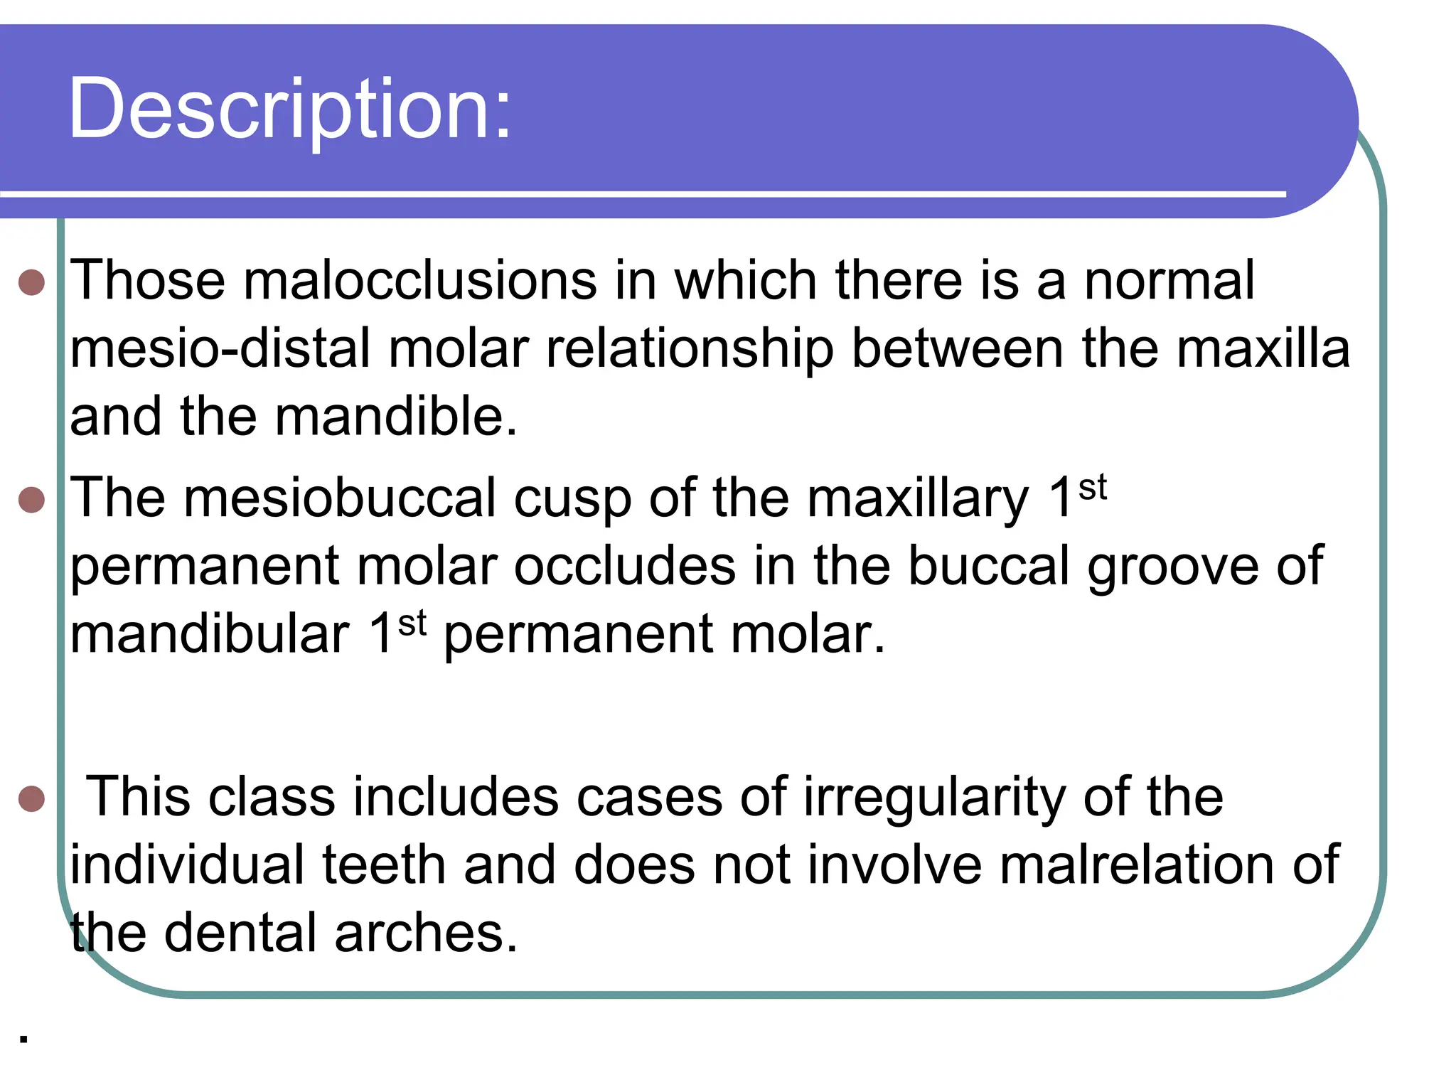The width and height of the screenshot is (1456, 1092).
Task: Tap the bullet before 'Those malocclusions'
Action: tap(32, 282)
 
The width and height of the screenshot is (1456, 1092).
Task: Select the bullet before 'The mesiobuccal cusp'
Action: tap(32, 500)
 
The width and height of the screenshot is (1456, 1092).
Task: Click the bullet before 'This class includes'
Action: tap(32, 798)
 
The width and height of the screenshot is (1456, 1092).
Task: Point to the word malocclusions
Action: tap(420, 280)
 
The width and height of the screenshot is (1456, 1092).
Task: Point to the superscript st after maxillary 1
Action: tap(1093, 488)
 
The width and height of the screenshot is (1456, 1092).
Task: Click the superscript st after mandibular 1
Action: tap(412, 623)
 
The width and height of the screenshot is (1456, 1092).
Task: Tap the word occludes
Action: tap(624, 567)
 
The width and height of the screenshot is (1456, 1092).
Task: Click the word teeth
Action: tap(384, 865)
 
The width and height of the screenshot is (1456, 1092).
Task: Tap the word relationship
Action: tap(690, 350)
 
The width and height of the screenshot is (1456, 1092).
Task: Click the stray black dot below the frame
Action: tap(24, 1039)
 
